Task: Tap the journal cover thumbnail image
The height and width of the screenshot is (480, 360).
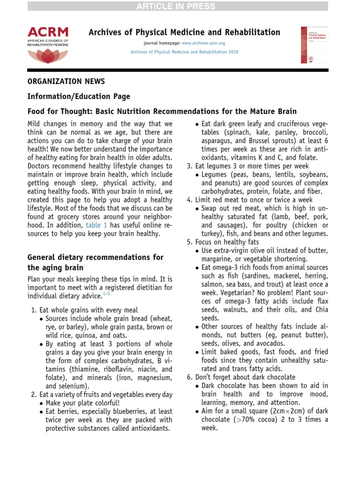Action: [x=314, y=45]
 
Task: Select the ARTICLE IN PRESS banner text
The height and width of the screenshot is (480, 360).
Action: [x=180, y=6]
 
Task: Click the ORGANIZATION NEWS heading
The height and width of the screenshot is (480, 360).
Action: [x=66, y=81]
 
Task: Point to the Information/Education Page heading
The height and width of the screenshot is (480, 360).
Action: [x=79, y=96]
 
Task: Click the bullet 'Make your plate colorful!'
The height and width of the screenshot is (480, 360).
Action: [x=76, y=403]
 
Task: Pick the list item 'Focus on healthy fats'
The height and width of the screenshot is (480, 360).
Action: [x=223, y=242]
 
